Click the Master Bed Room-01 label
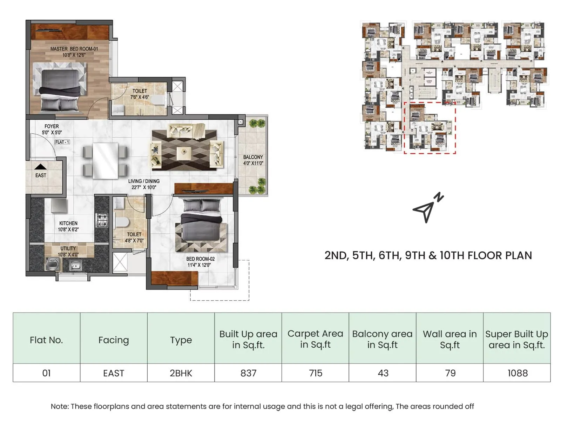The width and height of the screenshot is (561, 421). coord(74,52)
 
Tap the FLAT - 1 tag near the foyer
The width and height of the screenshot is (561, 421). coord(62,142)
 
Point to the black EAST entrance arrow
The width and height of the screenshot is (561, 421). coord(41,167)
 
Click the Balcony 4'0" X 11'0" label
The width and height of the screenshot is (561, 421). coord(253,160)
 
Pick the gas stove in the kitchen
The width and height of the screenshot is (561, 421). coord(102,220)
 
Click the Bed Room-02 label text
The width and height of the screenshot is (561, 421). coord(200,262)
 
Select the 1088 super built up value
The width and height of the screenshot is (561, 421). coord(517,373)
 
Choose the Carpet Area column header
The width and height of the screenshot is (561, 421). coord(315,339)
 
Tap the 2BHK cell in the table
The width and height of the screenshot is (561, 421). coord(181,373)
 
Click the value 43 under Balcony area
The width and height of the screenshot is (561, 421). coord(383,373)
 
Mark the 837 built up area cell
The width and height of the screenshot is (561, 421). coord(248,373)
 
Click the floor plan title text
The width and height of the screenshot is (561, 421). coord(428,255)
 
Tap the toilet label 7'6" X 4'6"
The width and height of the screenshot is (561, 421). coord(140,94)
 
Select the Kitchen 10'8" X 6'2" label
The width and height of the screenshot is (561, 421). coord(68,226)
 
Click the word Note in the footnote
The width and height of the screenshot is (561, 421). coord(59,406)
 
